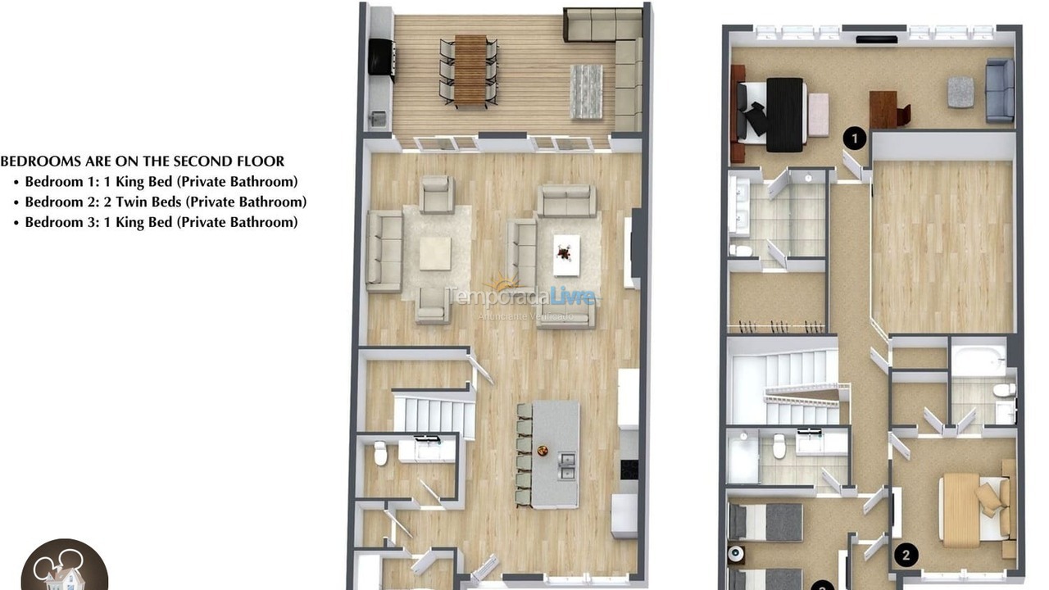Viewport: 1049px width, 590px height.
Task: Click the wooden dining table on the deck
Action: (x=470, y=70)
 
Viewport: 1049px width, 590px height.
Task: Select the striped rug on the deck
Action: (x=586, y=91)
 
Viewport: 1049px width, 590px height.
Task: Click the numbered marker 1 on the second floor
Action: (x=855, y=138)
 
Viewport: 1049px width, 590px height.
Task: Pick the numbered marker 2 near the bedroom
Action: (x=906, y=555)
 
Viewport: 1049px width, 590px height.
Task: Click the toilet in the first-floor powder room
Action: (x=380, y=453)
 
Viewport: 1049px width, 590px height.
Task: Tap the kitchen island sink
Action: (x=566, y=466)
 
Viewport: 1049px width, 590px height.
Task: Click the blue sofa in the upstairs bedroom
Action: (x=1000, y=90)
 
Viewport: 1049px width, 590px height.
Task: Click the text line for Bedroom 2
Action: (x=166, y=202)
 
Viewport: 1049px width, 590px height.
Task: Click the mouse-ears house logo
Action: (x=64, y=567)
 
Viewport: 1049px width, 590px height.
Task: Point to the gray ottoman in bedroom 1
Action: (x=961, y=92)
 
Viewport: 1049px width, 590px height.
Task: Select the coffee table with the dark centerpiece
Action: (x=566, y=256)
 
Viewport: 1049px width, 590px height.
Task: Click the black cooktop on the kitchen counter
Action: (x=629, y=470)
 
